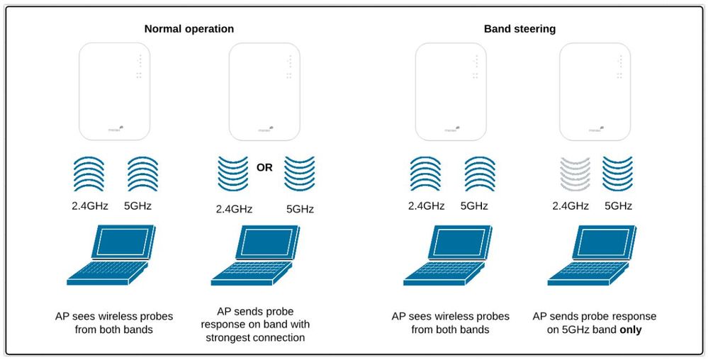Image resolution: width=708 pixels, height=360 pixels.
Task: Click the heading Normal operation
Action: click(x=189, y=29)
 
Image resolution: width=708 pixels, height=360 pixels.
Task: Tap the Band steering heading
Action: click(x=519, y=29)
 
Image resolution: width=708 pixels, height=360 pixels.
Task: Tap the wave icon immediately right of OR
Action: click(x=300, y=174)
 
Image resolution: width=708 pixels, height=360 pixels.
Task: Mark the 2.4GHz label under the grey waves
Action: click(x=571, y=206)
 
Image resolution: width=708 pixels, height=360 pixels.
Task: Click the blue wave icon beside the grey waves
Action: click(x=617, y=174)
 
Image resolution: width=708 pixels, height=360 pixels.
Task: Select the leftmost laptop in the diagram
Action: click(x=109, y=256)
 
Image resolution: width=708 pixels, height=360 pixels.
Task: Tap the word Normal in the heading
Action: click(x=162, y=29)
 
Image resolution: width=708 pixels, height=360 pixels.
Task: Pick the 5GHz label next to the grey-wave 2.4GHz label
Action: click(x=617, y=206)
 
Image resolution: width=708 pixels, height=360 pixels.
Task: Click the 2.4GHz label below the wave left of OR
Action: click(x=234, y=209)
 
